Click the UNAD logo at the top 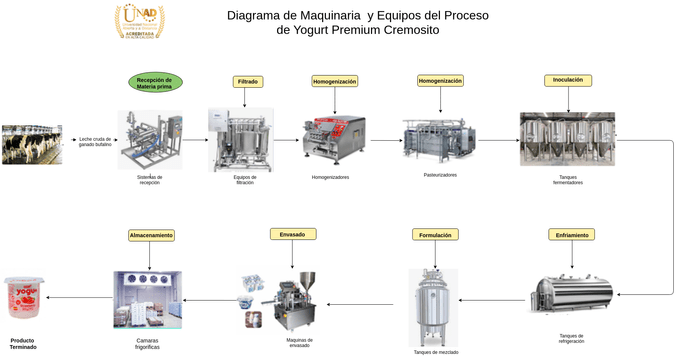139,20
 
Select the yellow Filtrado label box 248,82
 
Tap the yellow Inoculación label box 567,80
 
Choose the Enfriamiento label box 571,235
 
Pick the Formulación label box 435,235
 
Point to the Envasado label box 293,234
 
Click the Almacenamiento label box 151,235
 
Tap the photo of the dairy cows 31,144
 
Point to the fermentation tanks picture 567,139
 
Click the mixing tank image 433,306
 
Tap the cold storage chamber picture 148,299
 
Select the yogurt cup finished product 24,297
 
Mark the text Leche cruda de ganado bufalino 95,141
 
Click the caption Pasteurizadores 440,175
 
